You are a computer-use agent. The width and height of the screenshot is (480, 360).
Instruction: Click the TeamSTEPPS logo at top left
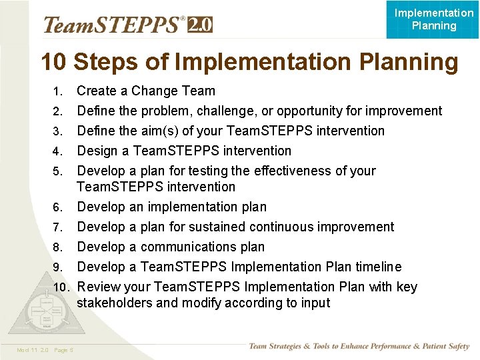pos(113,25)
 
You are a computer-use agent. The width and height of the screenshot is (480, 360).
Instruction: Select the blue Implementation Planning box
pos(433,19)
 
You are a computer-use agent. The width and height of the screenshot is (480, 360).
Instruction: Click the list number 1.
pos(58,91)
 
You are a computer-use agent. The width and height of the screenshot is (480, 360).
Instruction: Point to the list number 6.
pos(58,207)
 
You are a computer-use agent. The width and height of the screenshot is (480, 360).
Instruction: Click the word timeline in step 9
pos(378,267)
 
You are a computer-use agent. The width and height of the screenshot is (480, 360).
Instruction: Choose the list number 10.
pos(61,287)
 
